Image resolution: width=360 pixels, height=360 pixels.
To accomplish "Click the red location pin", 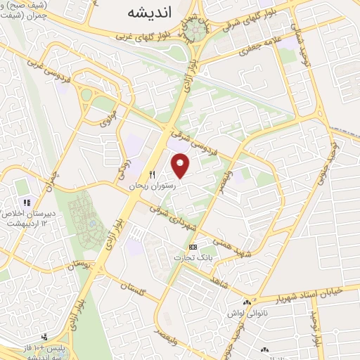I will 181,165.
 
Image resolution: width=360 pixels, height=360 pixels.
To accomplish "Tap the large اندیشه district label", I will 150,12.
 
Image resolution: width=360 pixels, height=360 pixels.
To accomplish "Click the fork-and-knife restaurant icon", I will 150,174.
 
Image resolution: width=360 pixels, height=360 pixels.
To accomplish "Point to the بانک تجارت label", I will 193,259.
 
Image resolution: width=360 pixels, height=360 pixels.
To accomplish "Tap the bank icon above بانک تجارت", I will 193,247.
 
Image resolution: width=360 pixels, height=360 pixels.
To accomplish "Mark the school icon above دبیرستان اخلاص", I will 27,202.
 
